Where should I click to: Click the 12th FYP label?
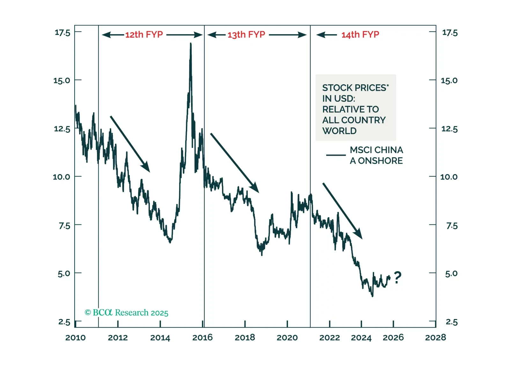[144, 34]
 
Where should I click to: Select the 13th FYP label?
[246, 34]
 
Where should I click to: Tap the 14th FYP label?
[360, 34]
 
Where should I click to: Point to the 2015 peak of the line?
[191, 44]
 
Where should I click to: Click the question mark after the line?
[397, 278]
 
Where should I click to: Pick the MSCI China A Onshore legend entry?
[376, 155]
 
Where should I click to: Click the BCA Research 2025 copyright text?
[126, 313]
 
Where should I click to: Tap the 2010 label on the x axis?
[75, 338]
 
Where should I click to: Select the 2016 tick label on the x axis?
[202, 338]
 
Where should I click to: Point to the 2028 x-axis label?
[436, 338]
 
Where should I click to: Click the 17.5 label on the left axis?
[62, 33]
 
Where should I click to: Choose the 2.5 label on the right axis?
[452, 322]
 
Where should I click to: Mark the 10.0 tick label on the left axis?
[61, 177]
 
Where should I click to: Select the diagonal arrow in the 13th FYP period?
[235, 163]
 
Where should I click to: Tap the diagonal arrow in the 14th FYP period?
[342, 211]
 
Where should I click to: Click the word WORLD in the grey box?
[339, 131]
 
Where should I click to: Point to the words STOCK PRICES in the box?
[354, 88]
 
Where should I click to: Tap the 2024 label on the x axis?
[361, 338]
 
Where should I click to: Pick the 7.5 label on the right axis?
[452, 226]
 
